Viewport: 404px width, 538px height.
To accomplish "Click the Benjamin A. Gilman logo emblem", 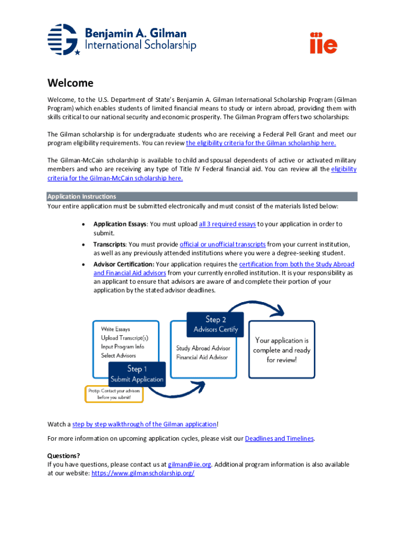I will point(64,39).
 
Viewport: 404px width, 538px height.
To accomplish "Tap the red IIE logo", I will point(323,43).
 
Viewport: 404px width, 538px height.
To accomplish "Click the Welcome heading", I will point(70,83).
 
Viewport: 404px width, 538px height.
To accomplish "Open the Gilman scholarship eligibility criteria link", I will point(261,143).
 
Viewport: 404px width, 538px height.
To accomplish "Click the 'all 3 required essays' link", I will point(227,224).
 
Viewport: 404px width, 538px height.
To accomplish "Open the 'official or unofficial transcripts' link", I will point(222,244).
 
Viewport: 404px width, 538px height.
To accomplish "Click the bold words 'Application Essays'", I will point(120,224).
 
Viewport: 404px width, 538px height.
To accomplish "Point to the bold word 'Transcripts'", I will point(109,244).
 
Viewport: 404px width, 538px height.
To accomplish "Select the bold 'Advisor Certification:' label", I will point(123,264).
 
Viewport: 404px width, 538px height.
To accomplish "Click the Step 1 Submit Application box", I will point(137,374).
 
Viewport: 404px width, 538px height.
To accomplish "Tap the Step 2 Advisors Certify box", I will point(216,324).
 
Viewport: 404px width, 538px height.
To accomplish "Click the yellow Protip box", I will point(114,394).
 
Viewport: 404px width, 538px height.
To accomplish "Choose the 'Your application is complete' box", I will point(282,350).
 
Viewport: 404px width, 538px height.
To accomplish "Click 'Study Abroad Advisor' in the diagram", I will point(203,348).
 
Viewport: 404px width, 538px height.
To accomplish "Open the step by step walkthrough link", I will point(144,424).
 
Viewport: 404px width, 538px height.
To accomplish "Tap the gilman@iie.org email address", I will point(189,464).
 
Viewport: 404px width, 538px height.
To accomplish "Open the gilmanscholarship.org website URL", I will point(143,473).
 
